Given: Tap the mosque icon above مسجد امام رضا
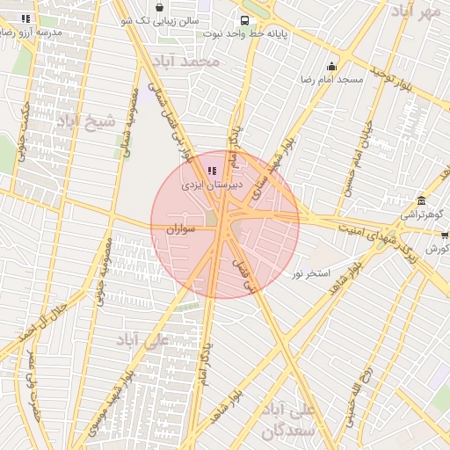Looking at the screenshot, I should pyautogui.click(x=331, y=66).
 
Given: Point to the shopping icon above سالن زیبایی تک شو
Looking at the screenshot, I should pyautogui.click(x=158, y=6).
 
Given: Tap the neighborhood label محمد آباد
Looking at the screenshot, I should pyautogui.click(x=185, y=62).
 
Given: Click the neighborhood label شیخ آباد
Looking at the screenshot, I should pyautogui.click(x=86, y=121).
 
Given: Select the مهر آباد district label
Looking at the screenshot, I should pyautogui.click(x=417, y=11).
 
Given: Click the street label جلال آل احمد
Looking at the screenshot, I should pyautogui.click(x=54, y=323).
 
